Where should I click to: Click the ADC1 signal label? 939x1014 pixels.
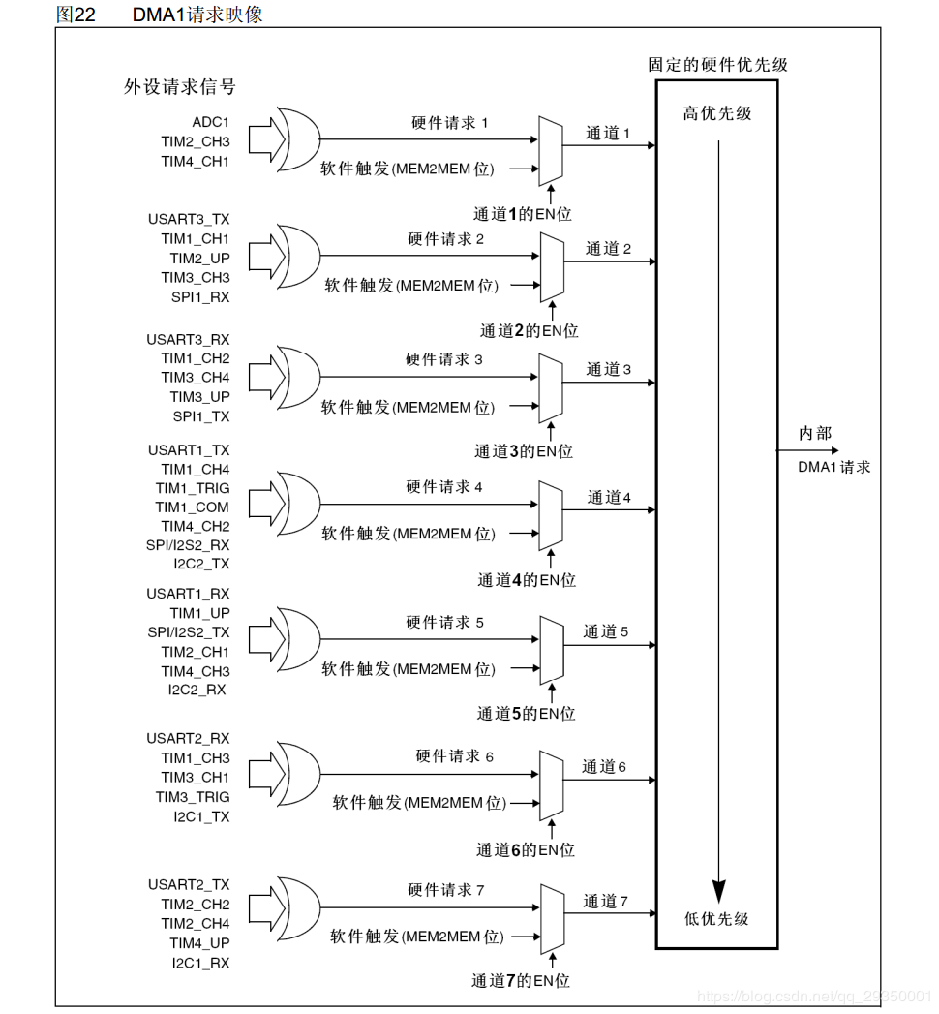coord(210,121)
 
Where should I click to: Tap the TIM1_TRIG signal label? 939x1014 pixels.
coord(192,488)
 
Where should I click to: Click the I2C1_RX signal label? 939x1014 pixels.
coord(201,963)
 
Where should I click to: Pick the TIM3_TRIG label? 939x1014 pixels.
coord(193,797)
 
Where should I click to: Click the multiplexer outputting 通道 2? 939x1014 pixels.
coord(552,268)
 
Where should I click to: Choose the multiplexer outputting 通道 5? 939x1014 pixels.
coord(552,650)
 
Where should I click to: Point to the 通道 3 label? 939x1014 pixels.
coord(607,369)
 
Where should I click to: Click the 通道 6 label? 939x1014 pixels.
coord(604,767)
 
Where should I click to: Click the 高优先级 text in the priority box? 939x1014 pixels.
coord(717,113)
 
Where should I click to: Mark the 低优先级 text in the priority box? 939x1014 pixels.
coord(716,919)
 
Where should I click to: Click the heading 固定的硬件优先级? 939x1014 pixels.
coord(717,65)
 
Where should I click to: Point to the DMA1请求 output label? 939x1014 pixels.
coord(833,467)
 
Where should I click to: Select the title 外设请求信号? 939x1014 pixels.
coord(179,87)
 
